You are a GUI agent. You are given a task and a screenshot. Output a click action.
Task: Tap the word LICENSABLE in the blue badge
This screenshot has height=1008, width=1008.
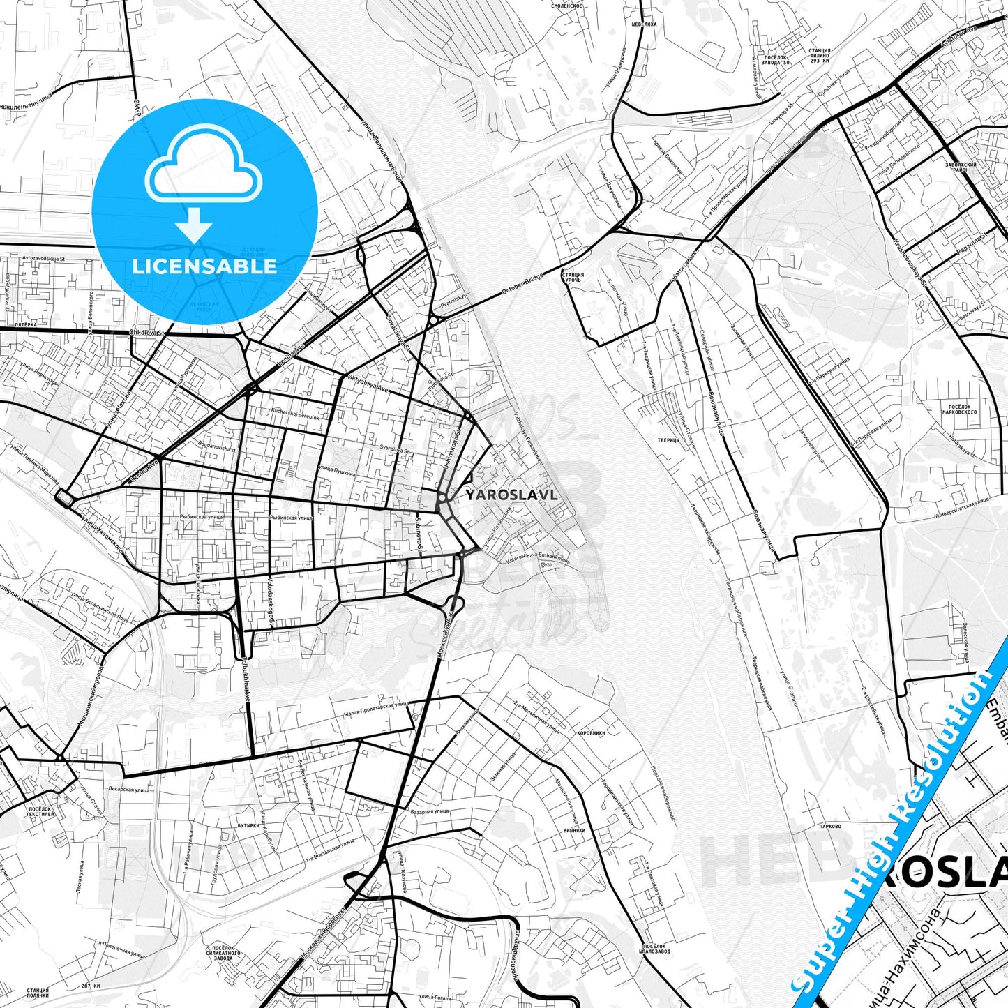pos(204,266)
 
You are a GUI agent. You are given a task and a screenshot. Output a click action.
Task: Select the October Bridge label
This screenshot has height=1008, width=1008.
pos(524,287)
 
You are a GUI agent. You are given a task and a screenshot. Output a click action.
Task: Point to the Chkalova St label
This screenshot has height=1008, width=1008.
pos(146,333)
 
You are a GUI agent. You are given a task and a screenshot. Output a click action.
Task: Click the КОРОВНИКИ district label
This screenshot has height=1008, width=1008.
pos(591,733)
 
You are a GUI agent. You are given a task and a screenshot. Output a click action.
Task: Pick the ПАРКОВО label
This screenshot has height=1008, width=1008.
pos(830,826)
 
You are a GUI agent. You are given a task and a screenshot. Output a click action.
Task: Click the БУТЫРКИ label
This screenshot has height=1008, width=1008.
pos(248,825)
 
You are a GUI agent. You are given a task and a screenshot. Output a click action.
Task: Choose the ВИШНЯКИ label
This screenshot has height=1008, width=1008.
pos(574,831)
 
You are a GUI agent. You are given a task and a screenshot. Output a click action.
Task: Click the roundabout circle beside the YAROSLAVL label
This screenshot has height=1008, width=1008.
pos(442,497)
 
